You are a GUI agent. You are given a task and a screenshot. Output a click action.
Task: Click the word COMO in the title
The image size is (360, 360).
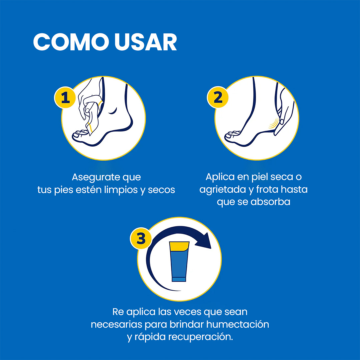pos(71,42)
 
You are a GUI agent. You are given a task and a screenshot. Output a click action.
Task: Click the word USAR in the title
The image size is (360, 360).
pos(146,42)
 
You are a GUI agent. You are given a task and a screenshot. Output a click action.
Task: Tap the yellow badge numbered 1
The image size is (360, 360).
pos(65,98)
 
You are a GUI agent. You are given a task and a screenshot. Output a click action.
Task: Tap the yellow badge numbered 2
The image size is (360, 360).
pos(218,97)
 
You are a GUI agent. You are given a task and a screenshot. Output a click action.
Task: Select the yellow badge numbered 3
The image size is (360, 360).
pos(141,238)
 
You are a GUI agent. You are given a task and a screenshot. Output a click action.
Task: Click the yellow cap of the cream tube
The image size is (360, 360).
pos(179,246)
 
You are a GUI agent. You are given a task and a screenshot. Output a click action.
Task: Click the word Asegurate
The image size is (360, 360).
pos(96,177)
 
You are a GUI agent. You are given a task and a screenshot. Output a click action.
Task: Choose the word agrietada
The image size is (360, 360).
pos(222,190)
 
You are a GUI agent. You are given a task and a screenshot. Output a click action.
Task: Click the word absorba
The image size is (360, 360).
pos(270,202)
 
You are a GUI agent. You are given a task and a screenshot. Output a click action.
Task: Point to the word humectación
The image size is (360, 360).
pos(238,324)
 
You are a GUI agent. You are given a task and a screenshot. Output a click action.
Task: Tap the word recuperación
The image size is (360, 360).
pos(200,337)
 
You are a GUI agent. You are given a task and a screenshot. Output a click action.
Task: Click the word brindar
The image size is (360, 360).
pos(187,324)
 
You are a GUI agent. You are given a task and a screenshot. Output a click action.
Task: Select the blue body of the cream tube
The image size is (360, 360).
pos(179,266)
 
